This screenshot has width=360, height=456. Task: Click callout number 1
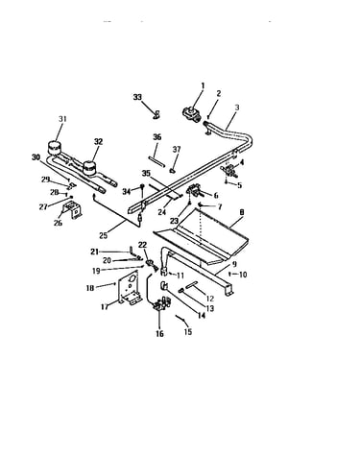tap(203, 85)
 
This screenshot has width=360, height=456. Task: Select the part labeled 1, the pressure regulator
tap(190, 114)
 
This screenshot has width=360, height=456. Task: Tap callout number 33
tap(137, 97)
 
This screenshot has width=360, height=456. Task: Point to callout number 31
tap(62, 119)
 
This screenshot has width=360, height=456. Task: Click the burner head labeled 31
tap(54, 148)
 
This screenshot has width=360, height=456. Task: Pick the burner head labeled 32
tap(89, 168)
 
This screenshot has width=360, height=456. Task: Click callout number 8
tap(242, 212)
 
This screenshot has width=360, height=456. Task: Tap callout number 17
tap(105, 307)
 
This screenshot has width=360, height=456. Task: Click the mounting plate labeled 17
tap(130, 288)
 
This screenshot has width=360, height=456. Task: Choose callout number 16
tap(159, 333)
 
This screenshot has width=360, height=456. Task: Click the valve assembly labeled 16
tap(161, 303)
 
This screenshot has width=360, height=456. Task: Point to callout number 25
tap(103, 236)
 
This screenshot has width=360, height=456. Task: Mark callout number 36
tap(156, 137)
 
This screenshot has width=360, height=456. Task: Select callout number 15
tap(188, 331)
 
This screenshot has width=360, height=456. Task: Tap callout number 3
tap(236, 108)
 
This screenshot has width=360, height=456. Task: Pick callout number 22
tap(142, 245)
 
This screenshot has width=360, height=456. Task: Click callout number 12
tap(210, 299)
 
